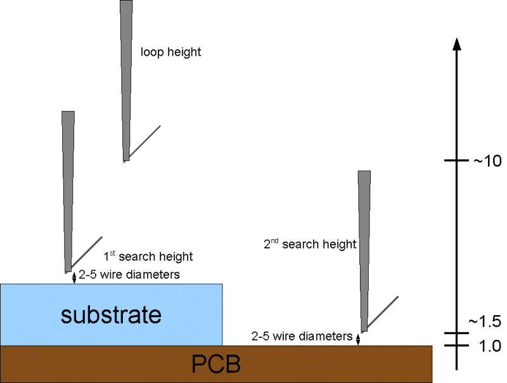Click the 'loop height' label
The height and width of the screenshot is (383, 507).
(x=170, y=53)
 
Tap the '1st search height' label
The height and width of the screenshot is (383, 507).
(x=148, y=257)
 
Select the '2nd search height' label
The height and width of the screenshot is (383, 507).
(x=310, y=244)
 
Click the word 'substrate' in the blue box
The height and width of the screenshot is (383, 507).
(x=111, y=315)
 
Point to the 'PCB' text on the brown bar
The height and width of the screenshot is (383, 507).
(x=216, y=365)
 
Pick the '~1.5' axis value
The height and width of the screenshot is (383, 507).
(x=485, y=322)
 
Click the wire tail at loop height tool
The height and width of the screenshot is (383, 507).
(x=144, y=141)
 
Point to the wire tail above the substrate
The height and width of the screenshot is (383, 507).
(x=86, y=252)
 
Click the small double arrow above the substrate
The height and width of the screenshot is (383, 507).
(x=74, y=277)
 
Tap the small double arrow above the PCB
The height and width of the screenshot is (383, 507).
(x=358, y=339)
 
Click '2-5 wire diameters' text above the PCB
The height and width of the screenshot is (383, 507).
(x=301, y=336)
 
